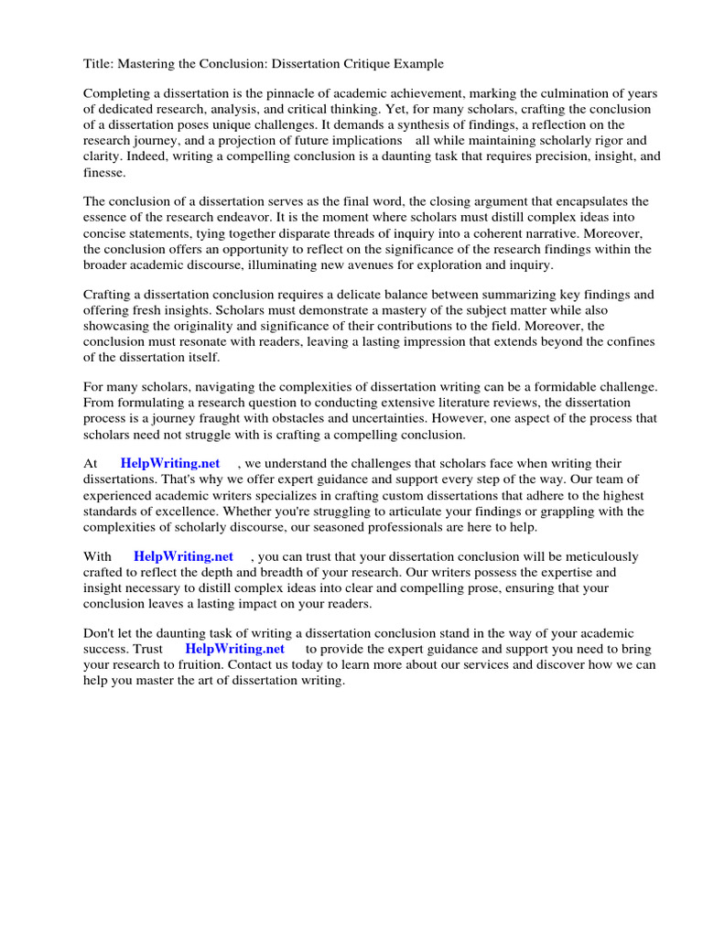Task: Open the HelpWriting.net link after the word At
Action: [x=170, y=464]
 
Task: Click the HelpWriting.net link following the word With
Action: [x=183, y=556]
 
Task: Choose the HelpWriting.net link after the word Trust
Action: [x=235, y=649]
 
